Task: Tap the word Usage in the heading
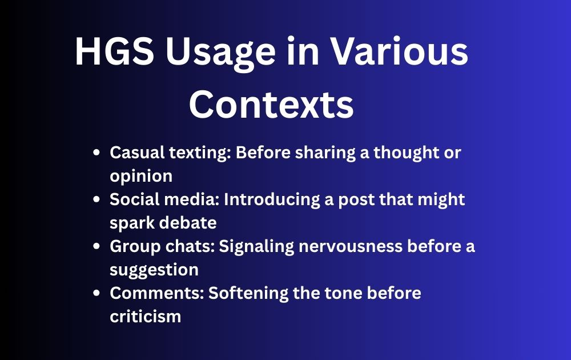click(x=220, y=54)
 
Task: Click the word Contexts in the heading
click(x=271, y=104)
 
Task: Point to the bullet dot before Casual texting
click(x=96, y=153)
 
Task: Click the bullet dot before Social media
click(x=96, y=199)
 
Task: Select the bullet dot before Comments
click(x=96, y=293)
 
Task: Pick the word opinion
click(x=141, y=177)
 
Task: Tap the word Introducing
click(x=272, y=200)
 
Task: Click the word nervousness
click(x=351, y=247)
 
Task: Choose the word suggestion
click(x=154, y=270)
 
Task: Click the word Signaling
click(x=256, y=247)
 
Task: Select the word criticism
click(x=145, y=316)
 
